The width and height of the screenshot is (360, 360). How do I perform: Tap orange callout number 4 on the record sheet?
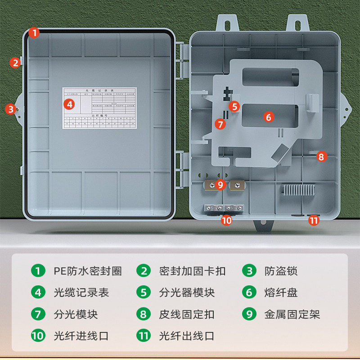pyautogui.click(x=69, y=104)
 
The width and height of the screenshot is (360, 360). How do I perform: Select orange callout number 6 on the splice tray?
pyautogui.click(x=268, y=117)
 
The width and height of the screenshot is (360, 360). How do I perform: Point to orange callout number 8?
pyautogui.click(x=321, y=157)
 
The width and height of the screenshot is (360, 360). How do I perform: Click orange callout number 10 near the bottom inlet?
pyautogui.click(x=226, y=220)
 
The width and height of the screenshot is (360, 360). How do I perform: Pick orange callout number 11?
pyautogui.click(x=314, y=220)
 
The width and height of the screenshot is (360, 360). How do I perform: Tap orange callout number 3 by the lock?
pyautogui.click(x=10, y=108)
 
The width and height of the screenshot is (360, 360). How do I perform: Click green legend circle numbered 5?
pyautogui.click(x=144, y=292)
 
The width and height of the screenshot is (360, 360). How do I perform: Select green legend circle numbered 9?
pyautogui.click(x=249, y=314)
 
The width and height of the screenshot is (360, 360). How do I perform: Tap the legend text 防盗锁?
pyautogui.click(x=281, y=271)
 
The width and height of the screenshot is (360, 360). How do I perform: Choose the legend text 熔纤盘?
pyautogui.click(x=281, y=292)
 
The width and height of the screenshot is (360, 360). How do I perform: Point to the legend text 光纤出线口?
pyautogui.click(x=187, y=336)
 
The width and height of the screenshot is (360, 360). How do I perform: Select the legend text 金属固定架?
pyautogui.click(x=292, y=314)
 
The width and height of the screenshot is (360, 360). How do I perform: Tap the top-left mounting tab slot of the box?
pyautogui.click(x=227, y=22)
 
